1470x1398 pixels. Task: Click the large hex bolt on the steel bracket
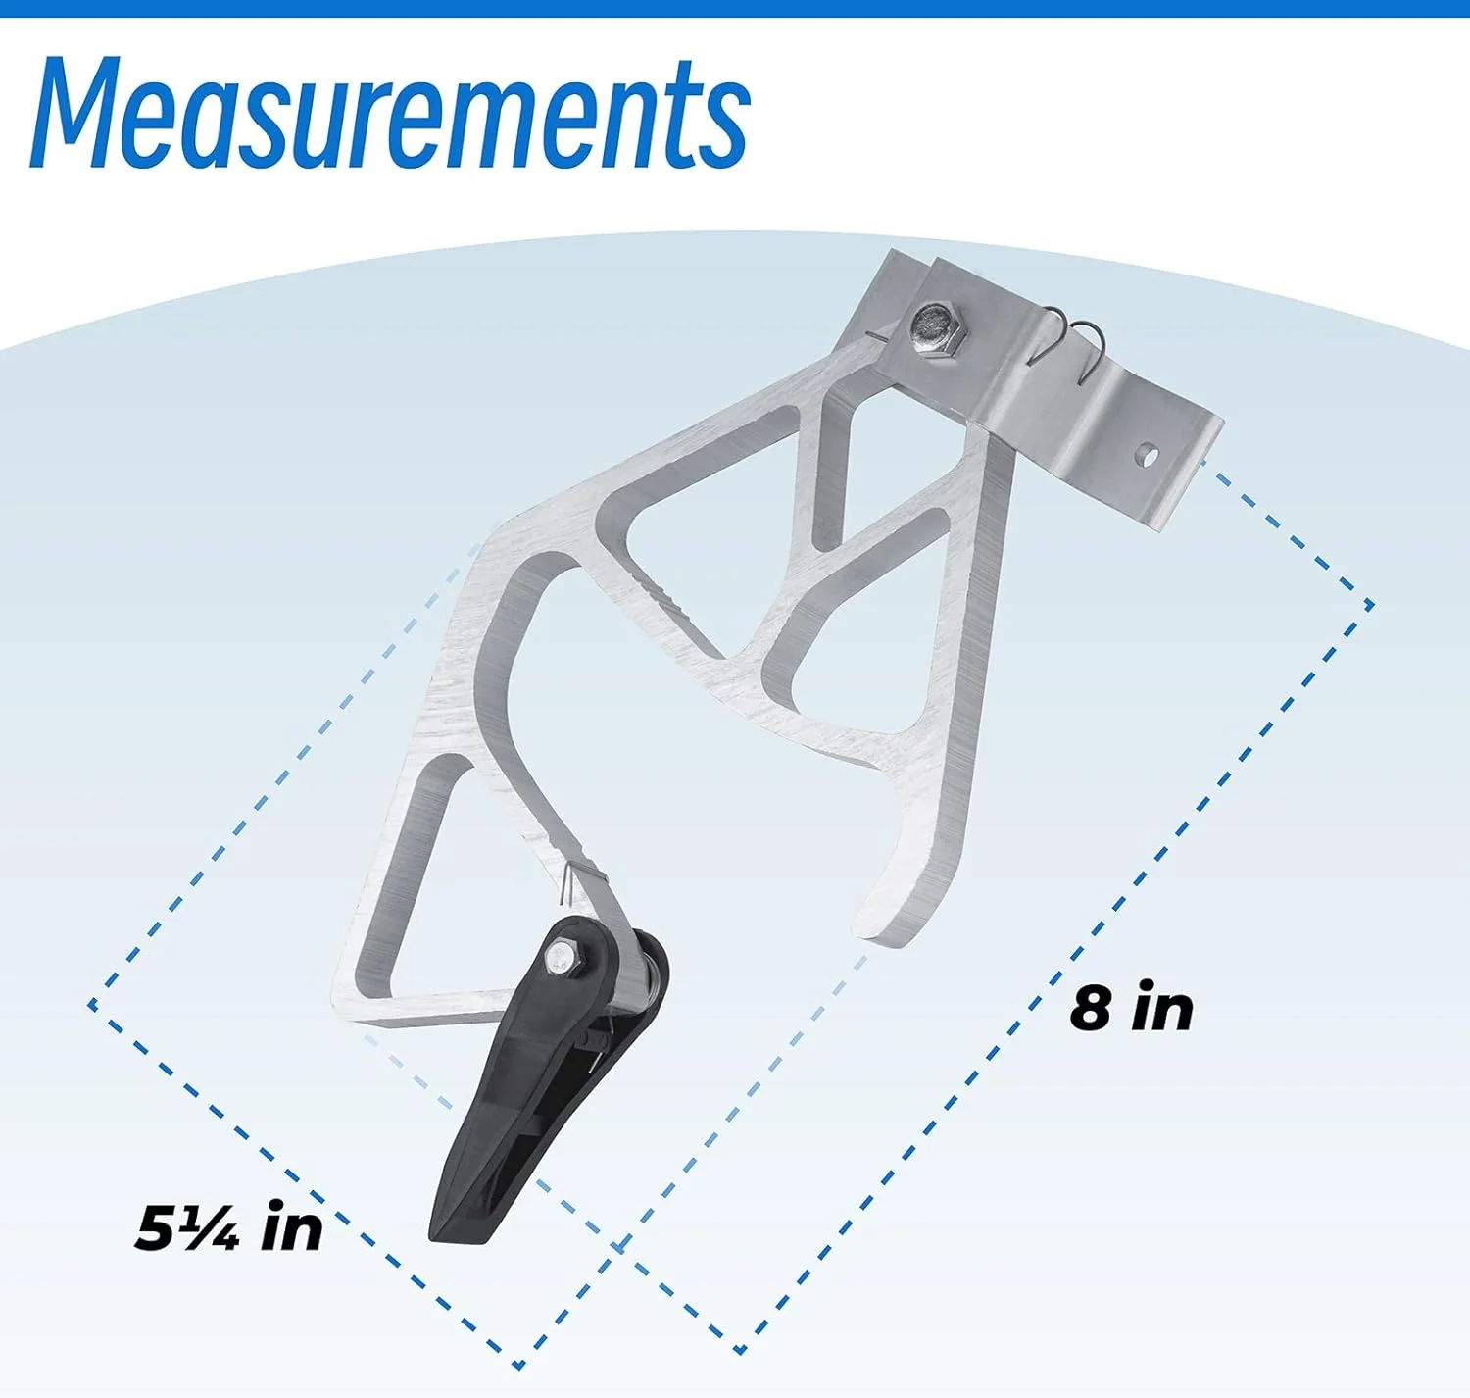(938, 331)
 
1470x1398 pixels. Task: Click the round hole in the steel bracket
(1147, 453)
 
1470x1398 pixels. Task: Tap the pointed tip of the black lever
(436, 1236)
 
